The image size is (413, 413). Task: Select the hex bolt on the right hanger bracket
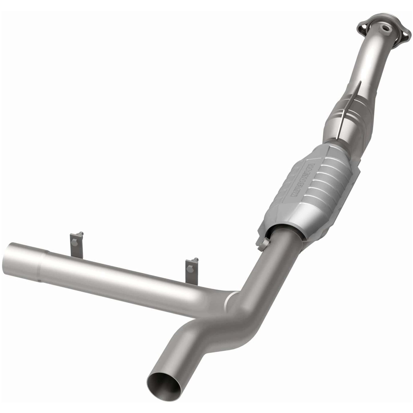[x=190, y=269]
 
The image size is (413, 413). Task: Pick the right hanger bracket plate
[x=190, y=272]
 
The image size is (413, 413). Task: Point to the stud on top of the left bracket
[x=81, y=234]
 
